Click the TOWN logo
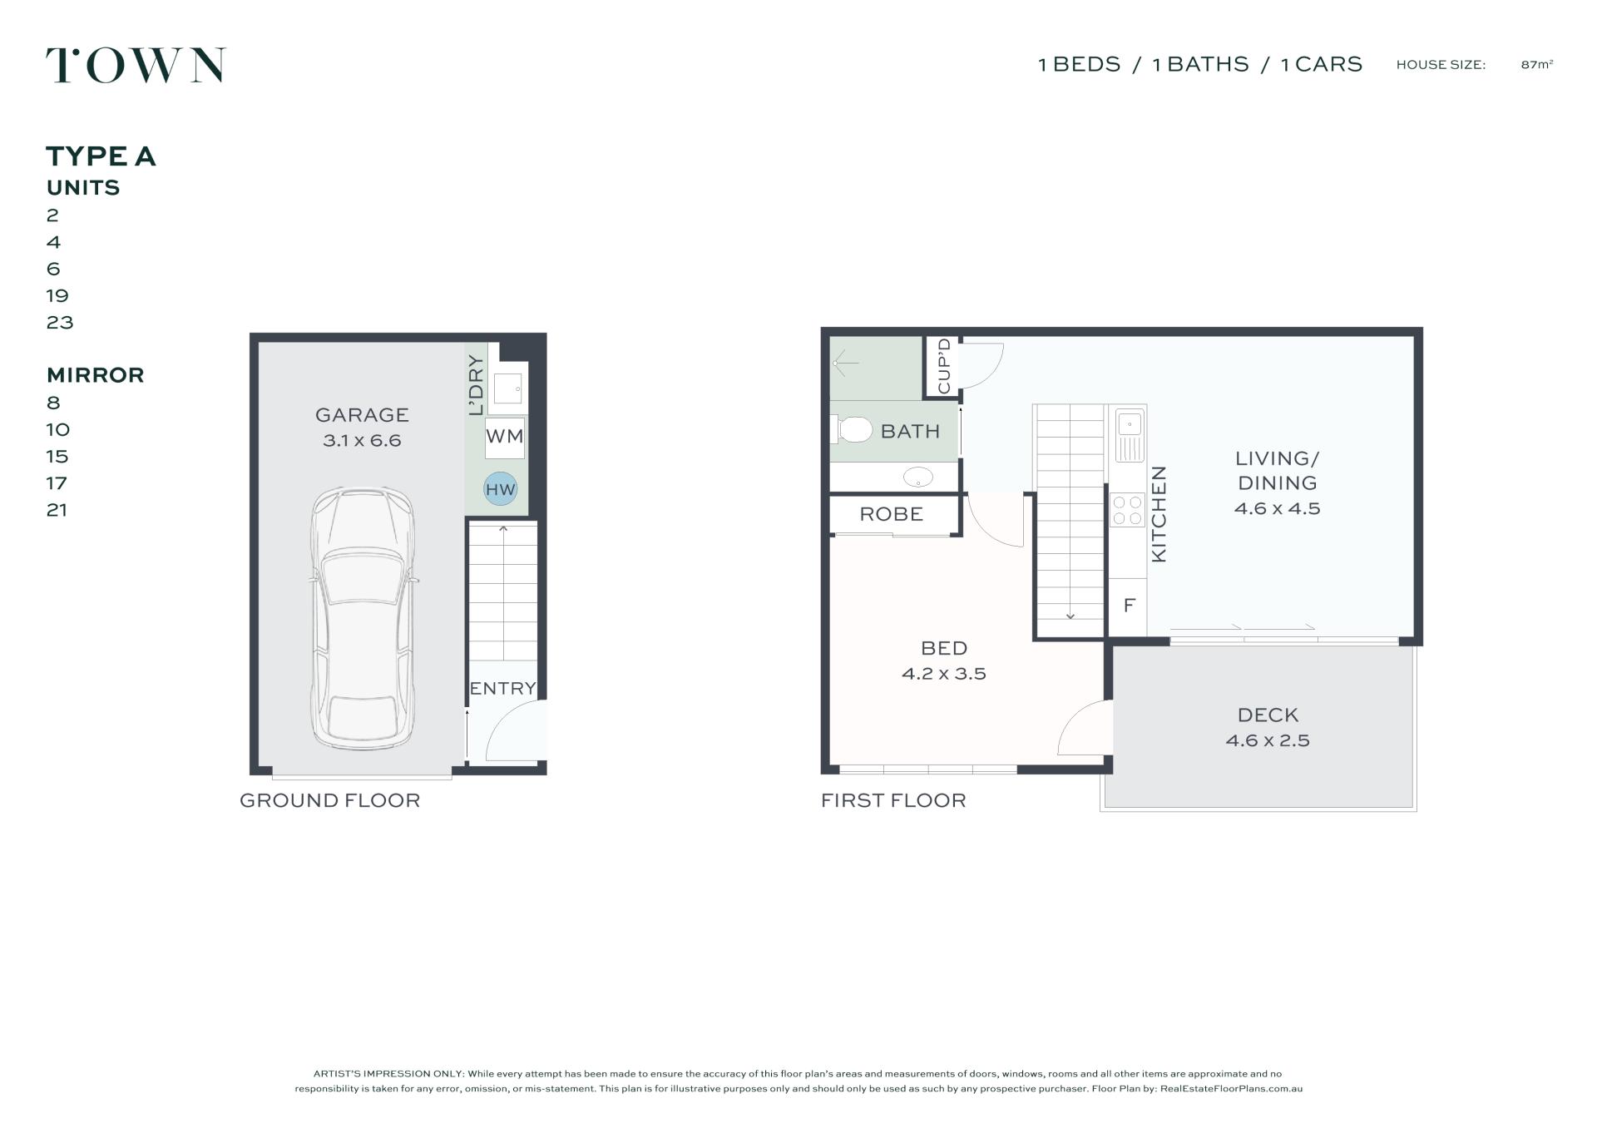pos(136,65)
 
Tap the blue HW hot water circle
pos(501,489)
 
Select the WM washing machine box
pos(505,437)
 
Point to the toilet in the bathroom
pos(851,430)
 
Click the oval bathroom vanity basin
pos(917,477)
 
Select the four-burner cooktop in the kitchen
pos(1127,510)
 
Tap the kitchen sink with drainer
pos(1129,436)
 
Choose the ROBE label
pos(892,514)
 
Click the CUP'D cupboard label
pos(944,366)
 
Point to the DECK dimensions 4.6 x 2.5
pos(1268,740)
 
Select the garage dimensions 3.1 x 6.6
pos(362,440)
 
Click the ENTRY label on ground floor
pos(502,689)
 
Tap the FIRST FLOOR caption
pos(893,800)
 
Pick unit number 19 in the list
pos(57,295)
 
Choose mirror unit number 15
pos(57,456)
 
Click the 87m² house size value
pos(1537,64)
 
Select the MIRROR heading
pos(96,375)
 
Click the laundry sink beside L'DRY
pos(507,388)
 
